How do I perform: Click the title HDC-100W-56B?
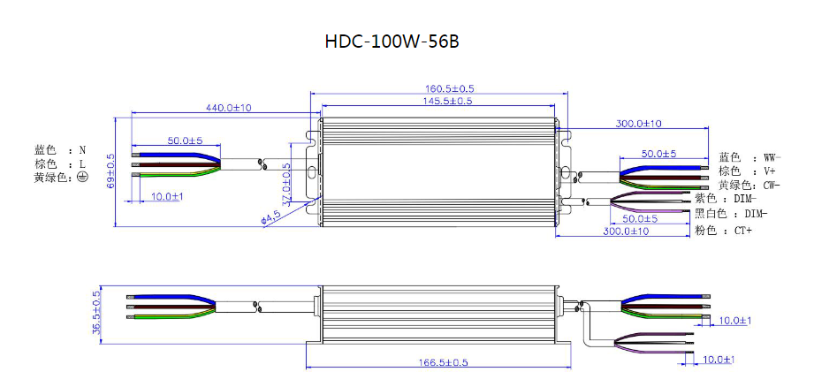[x=392, y=42]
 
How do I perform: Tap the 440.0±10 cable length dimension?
[x=229, y=108]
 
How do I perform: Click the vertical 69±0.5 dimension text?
[x=110, y=171]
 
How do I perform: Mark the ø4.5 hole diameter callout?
[x=271, y=217]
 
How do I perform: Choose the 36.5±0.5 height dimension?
[x=96, y=314]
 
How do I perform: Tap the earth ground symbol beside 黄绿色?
[x=82, y=177]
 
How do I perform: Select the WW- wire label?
[x=772, y=157]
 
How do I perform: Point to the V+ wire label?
[x=769, y=171]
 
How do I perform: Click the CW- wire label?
[x=772, y=186]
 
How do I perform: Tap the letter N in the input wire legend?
[x=82, y=150]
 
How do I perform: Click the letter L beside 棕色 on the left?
[x=82, y=163]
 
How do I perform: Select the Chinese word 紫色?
[x=704, y=199]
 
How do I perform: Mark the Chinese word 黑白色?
[x=709, y=213]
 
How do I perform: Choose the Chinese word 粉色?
[x=704, y=231]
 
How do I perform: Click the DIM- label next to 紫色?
[x=745, y=199]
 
